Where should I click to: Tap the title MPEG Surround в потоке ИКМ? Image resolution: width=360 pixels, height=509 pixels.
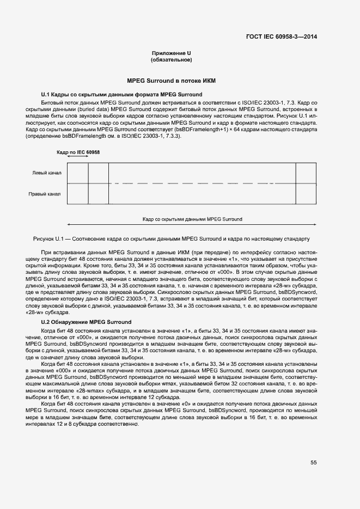[x=171, y=81]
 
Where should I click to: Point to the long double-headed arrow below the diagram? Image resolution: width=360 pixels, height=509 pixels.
[x=191, y=224]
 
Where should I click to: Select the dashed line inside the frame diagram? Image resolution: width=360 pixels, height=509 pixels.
[x=202, y=183]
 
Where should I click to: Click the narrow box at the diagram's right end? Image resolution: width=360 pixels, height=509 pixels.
[x=306, y=183]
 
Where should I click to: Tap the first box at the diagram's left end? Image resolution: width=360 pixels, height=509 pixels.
[x=77, y=183]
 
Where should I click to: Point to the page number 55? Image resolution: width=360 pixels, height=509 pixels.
[x=314, y=462]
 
